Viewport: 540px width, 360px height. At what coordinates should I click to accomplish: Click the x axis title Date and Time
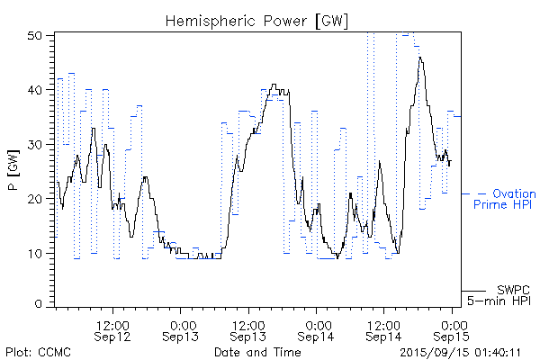tap(256, 352)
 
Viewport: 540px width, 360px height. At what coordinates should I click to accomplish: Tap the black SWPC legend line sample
tap(473, 290)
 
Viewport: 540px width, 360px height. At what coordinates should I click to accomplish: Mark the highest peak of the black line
tap(419, 58)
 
